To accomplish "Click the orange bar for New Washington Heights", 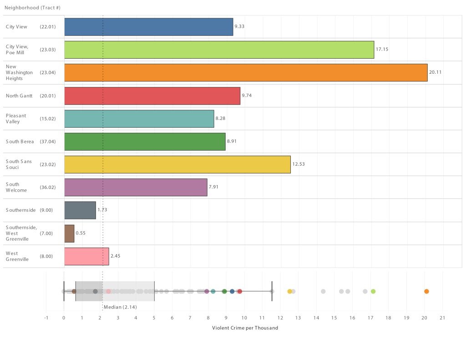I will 246,72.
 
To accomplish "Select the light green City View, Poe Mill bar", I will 219,50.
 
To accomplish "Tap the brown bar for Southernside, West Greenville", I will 69,233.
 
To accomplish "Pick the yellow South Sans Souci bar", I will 177,164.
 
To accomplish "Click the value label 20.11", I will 436,72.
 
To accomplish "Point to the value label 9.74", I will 247,96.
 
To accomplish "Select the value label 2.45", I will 115,256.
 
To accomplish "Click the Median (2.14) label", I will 120,307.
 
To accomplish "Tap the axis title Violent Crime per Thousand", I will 245,328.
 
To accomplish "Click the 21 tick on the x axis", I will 442,318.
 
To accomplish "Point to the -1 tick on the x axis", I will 46,318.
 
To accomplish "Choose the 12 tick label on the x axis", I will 280,318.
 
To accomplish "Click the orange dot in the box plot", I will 426,291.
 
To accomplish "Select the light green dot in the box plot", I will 373,291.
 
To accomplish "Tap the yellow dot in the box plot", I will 290,291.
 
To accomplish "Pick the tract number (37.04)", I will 48,142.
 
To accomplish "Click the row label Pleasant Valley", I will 16,118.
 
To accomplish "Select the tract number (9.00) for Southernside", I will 46,210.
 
